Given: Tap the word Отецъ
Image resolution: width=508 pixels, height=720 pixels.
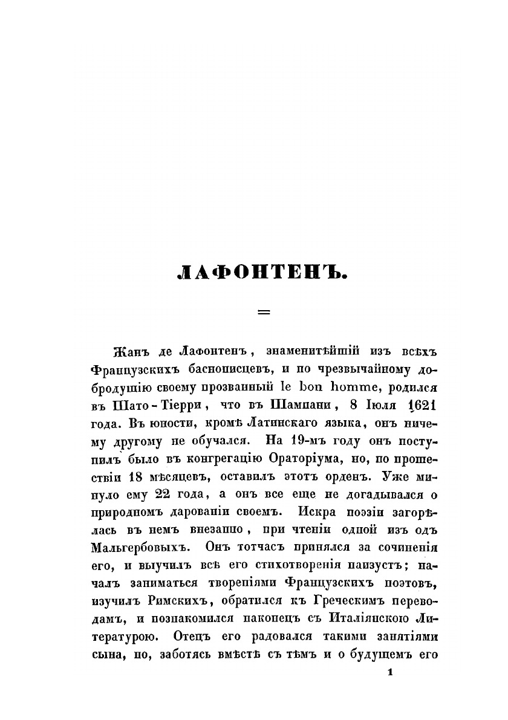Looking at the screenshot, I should coord(192,637).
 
